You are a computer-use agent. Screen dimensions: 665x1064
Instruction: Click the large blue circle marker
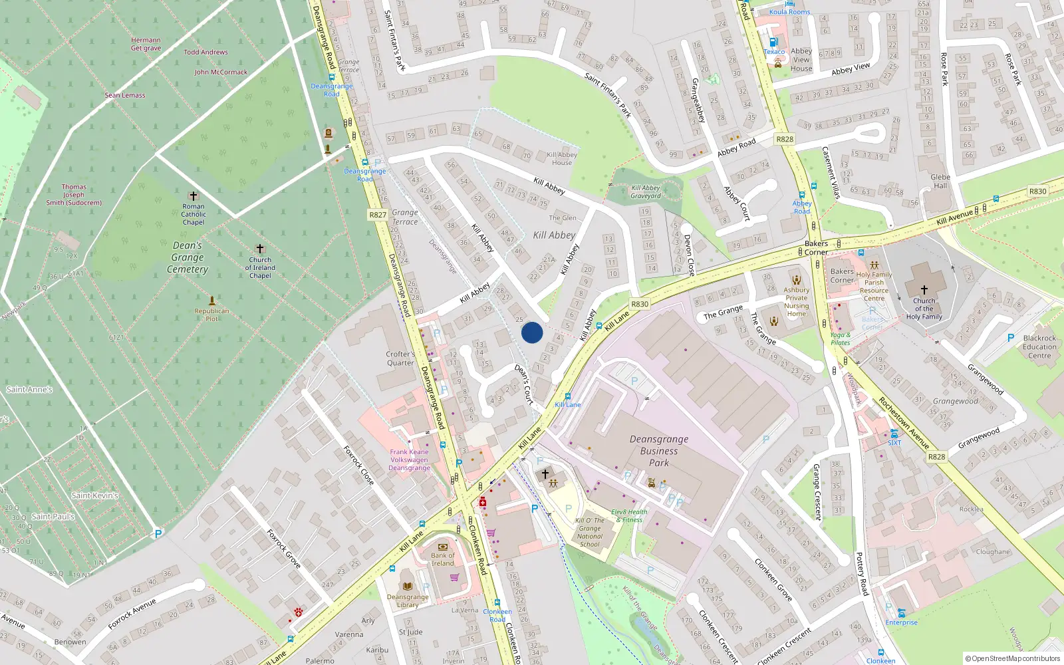[532, 332]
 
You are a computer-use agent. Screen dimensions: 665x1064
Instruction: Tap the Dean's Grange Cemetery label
[188, 257]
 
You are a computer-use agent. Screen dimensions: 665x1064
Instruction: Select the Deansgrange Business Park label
[658, 451]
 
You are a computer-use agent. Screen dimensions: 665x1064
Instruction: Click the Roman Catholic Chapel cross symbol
[194, 196]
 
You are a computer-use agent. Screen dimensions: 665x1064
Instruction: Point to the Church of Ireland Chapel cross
[260, 249]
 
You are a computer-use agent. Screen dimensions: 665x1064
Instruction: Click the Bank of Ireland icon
[443, 547]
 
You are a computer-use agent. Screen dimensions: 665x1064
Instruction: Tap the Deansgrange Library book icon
[408, 587]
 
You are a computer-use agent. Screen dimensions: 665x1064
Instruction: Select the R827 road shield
[378, 215]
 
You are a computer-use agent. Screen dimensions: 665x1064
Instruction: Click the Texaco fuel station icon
[773, 42]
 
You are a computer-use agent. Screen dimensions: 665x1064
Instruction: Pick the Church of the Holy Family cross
[924, 289]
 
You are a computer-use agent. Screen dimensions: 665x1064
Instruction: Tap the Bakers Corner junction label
[816, 248]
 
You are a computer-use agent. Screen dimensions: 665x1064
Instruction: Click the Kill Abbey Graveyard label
[646, 192]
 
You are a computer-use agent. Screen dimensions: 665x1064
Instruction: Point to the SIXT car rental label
[894, 443]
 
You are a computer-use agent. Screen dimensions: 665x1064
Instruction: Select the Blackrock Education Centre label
[1039, 346]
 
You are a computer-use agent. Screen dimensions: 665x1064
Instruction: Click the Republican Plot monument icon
[211, 301]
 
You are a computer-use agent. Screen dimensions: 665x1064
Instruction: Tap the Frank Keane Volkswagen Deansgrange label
[409, 460]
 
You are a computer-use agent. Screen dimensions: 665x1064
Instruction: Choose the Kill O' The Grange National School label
[589, 532]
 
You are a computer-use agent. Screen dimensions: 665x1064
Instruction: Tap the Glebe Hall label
[940, 182]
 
